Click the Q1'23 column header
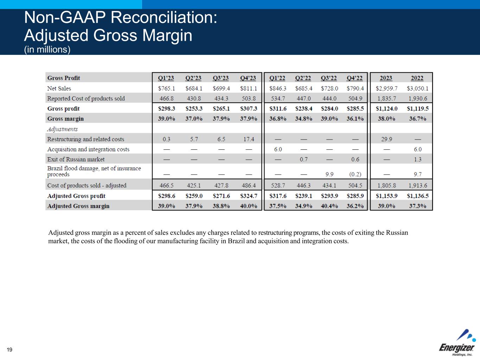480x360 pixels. tap(166, 78)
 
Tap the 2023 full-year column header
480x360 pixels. tap(386, 78)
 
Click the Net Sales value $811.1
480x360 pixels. tap(248, 88)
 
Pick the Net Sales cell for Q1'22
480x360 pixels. tap(277, 88)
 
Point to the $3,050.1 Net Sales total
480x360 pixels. tap(417, 88)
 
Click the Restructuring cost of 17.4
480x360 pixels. tap(248, 139)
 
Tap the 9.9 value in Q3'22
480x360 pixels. tap(329, 174)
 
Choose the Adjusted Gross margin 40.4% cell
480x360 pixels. tap(329, 206)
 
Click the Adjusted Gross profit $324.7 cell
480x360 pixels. tap(248, 196)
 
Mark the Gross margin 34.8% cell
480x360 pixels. tap(303, 118)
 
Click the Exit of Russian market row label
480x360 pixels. tap(76, 159)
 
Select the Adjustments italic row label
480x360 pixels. tap(62, 129)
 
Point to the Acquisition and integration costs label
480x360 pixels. tap(88, 149)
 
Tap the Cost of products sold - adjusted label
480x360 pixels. tap(87, 185)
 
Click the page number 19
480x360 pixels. tap(9, 349)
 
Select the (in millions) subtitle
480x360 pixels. tap(47, 50)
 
